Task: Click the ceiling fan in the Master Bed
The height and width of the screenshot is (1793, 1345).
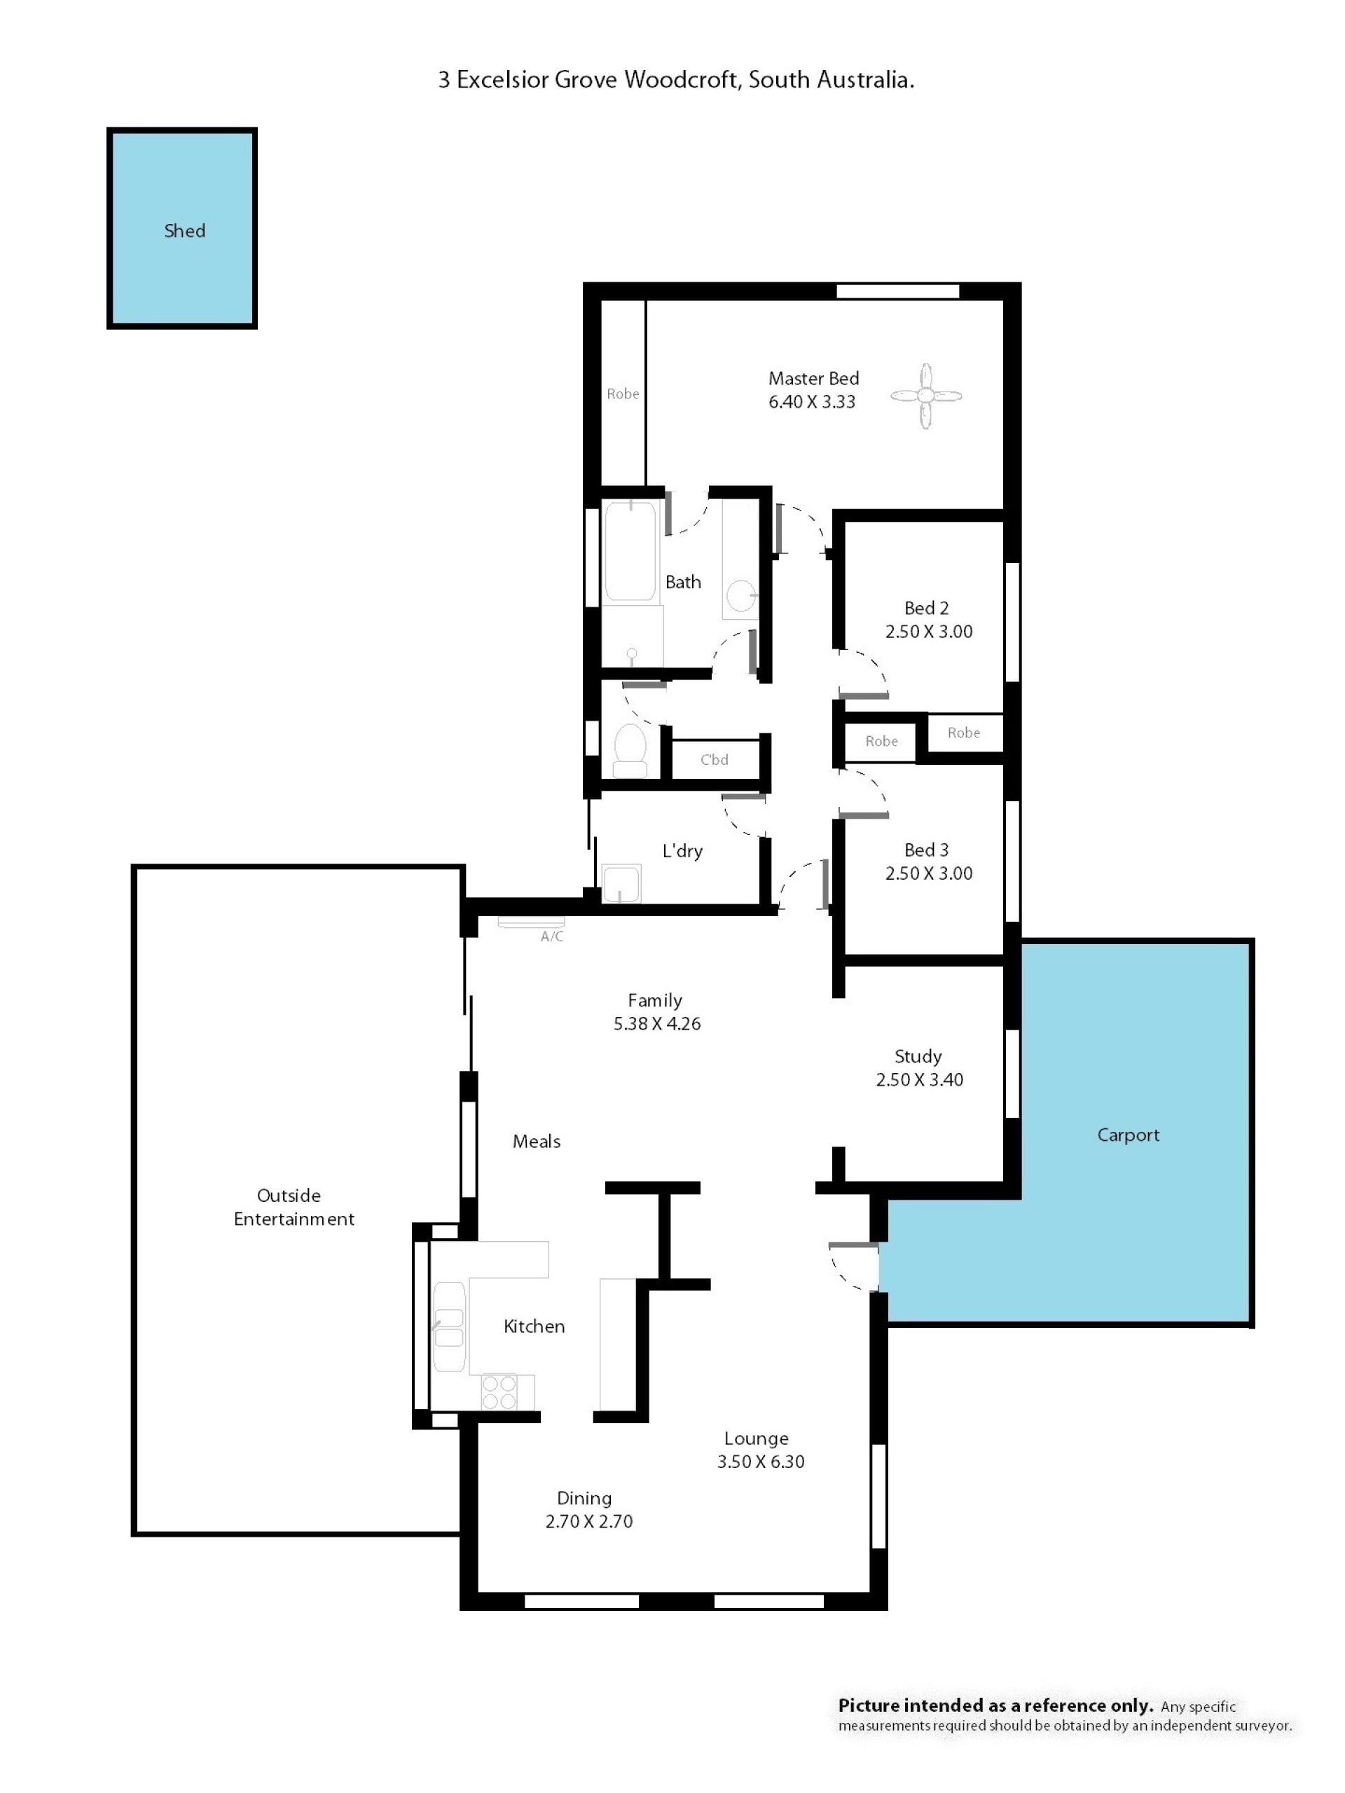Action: point(925,396)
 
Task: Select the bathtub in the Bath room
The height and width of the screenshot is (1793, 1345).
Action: point(629,551)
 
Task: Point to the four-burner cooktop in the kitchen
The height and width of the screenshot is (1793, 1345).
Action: point(499,1392)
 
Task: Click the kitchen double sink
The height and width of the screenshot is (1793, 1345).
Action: point(448,1326)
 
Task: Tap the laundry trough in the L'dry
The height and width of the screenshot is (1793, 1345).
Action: point(620,883)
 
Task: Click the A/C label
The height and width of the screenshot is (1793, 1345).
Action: point(551,936)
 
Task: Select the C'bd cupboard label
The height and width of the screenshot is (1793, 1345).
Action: point(715,759)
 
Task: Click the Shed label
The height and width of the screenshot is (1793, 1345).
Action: point(185,231)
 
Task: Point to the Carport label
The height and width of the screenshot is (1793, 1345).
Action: point(1128,1135)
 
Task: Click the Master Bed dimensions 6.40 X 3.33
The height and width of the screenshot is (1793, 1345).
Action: point(811,402)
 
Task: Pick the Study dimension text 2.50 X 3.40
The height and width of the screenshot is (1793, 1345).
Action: point(919,1080)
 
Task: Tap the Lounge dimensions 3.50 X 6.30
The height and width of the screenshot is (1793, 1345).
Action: point(761,1462)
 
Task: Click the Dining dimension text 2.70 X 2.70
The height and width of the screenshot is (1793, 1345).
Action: point(588,1521)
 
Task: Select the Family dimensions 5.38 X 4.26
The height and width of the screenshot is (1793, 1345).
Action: point(656,1024)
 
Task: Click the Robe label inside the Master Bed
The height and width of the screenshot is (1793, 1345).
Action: point(623,394)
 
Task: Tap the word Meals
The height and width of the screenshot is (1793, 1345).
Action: point(536,1142)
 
